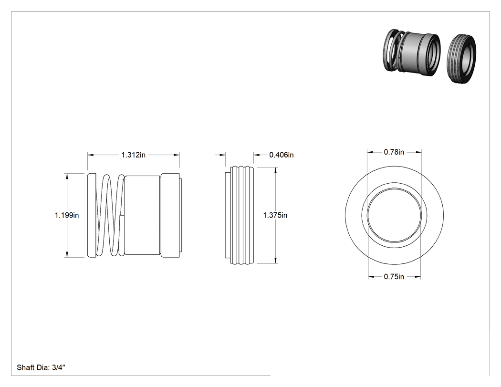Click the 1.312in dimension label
point(133,155)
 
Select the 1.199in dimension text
point(67,215)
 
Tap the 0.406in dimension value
point(282,155)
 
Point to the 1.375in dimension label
point(275,215)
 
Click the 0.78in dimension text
point(394,152)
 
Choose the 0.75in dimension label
point(394,277)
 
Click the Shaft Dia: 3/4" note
point(41,367)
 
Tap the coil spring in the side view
point(110,215)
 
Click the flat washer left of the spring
point(92,215)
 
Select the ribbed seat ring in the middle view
point(240,215)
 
